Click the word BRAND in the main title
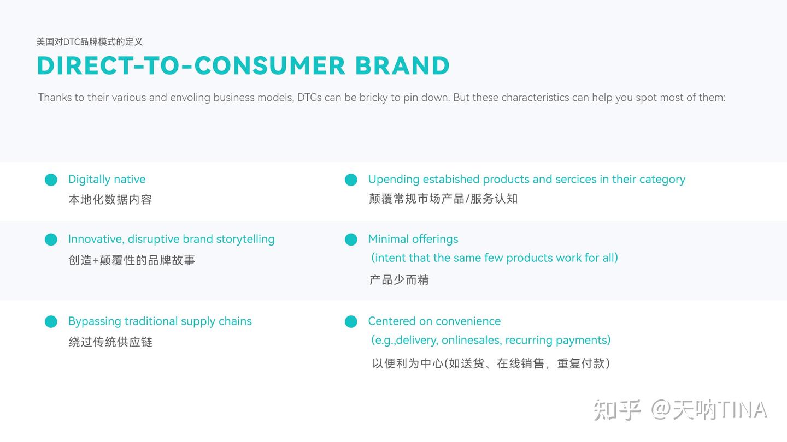pos(402,66)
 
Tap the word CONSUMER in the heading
pos(270,66)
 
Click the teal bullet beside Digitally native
pos(51,180)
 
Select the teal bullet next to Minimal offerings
pos(351,240)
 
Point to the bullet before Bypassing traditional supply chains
pos(51,322)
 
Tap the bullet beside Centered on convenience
pos(351,322)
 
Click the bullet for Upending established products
pos(351,180)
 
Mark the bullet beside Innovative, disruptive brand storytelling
pos(51,240)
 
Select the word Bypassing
pos(94,321)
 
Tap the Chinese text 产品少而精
pos(399,280)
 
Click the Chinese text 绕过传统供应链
pos(110,342)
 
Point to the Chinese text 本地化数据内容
pos(110,200)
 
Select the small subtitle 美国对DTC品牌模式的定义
pos(90,41)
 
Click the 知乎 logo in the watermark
pos(617,410)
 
